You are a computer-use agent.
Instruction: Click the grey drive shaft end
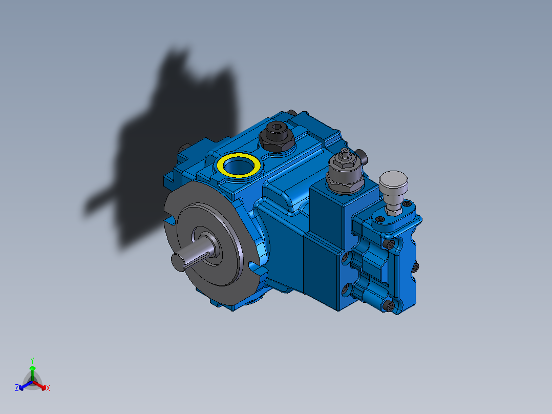[x=178, y=260]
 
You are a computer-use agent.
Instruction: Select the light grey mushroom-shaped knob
[x=394, y=180]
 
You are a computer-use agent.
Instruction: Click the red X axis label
[x=48, y=388]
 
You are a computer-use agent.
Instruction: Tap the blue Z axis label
[x=17, y=388]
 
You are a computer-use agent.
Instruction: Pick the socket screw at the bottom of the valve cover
[x=392, y=306]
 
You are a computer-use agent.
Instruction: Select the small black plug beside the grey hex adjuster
[x=362, y=154]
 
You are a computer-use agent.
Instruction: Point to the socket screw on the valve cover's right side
[x=414, y=267]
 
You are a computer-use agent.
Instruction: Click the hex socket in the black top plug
[x=277, y=128]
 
